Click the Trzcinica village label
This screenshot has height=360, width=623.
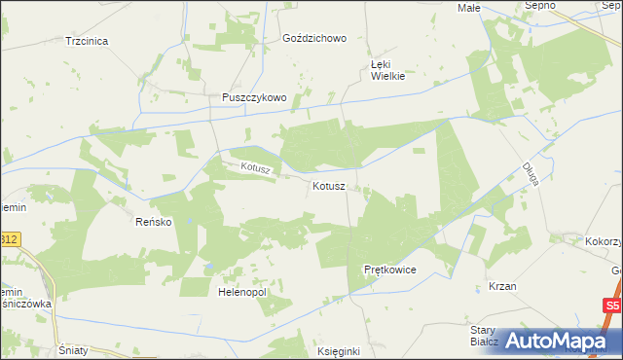(86, 41)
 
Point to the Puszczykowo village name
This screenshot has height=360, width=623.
(253, 97)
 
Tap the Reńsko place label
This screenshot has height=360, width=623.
(153, 222)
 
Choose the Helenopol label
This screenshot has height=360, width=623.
(242, 292)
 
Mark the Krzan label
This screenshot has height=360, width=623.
(502, 287)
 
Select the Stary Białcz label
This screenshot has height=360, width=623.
(484, 337)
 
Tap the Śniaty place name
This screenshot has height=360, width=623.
(74, 350)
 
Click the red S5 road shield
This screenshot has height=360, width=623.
(610, 306)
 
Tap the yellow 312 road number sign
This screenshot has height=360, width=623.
(9, 238)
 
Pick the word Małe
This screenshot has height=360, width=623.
(469, 7)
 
